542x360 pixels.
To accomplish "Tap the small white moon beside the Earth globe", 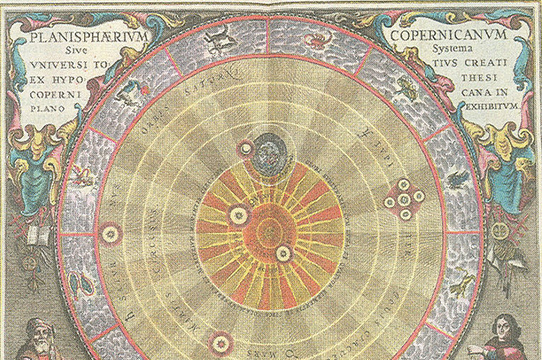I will pos(247,149).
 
